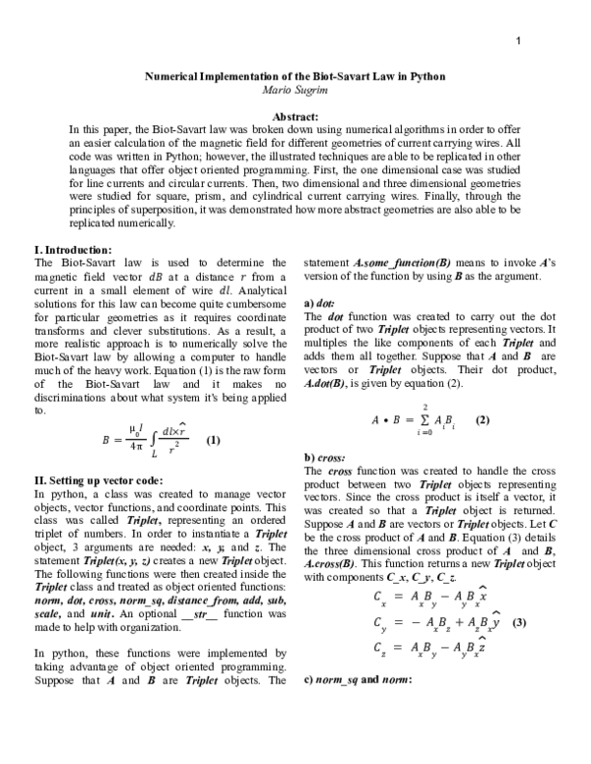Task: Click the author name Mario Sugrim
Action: click(x=295, y=90)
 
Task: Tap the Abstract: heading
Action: click(x=295, y=116)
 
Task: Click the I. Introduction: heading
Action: click(x=73, y=250)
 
